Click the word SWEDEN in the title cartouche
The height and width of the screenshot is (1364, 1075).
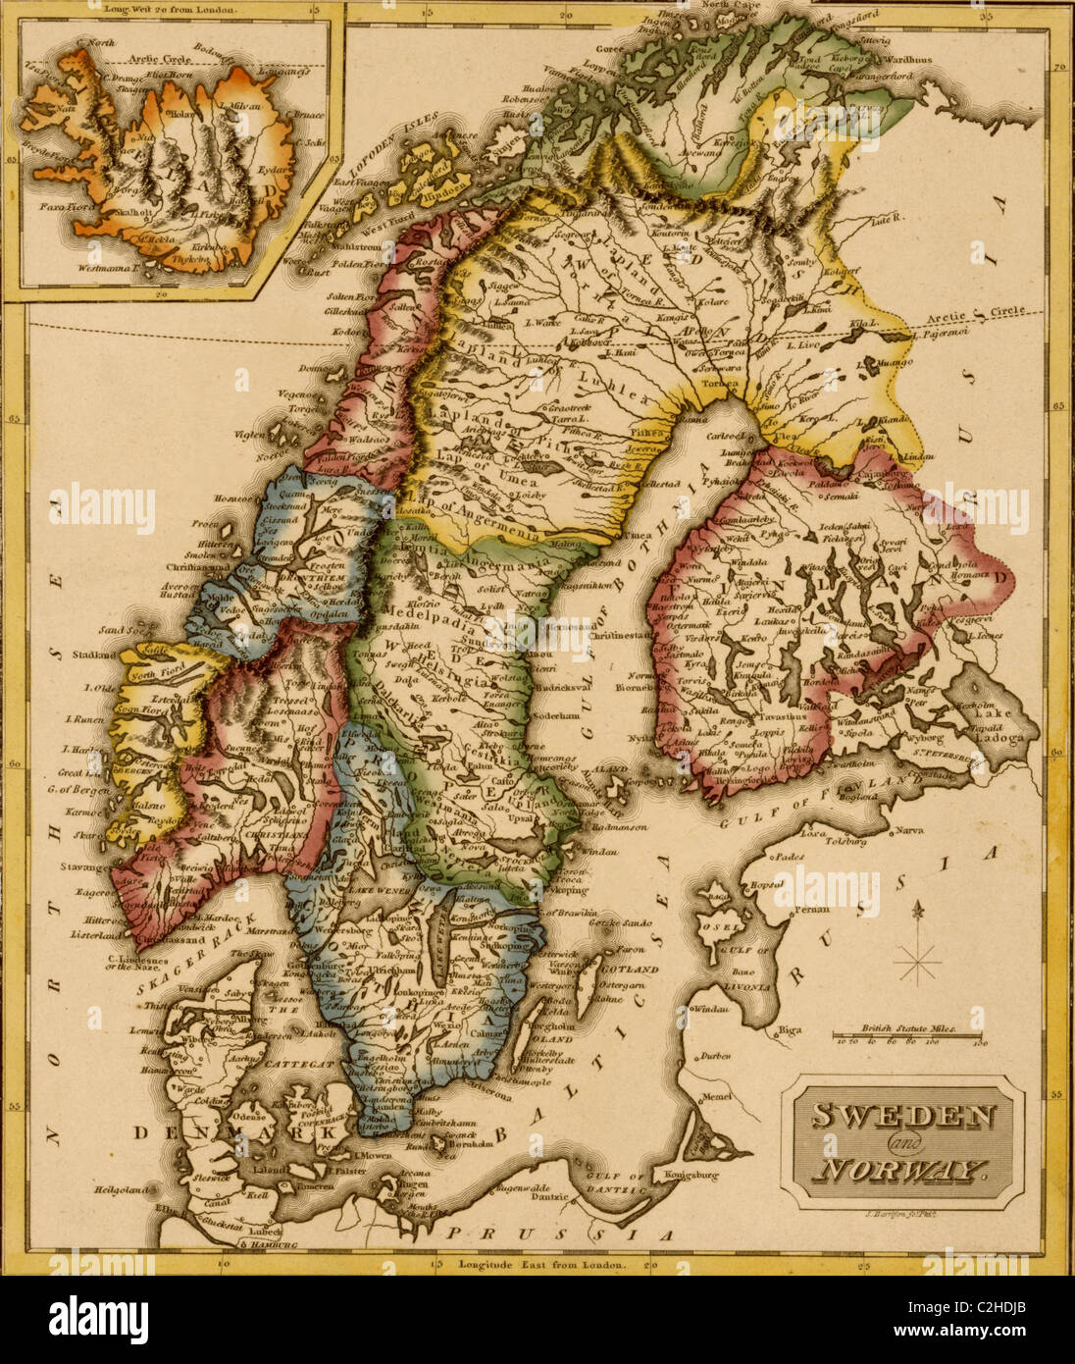point(903,1116)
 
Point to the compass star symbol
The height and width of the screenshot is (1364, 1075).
point(919,960)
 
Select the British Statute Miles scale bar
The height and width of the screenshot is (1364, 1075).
point(907,1034)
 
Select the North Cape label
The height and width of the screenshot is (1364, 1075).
point(727,7)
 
